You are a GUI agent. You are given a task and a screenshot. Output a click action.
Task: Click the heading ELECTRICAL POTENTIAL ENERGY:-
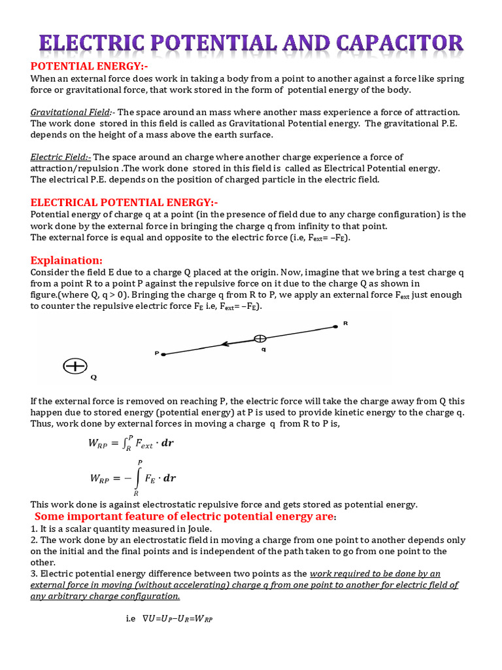click(x=125, y=202)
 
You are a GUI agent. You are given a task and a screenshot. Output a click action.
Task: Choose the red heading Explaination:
click(x=67, y=260)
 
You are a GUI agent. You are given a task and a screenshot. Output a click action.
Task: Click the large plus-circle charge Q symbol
click(x=75, y=366)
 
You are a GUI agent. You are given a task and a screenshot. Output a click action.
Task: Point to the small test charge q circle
click(x=260, y=339)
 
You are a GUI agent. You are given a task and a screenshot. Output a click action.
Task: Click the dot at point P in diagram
click(x=163, y=354)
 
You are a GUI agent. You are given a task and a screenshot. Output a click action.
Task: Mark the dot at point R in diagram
click(x=336, y=325)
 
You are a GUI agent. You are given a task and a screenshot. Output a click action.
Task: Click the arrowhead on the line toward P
click(x=224, y=344)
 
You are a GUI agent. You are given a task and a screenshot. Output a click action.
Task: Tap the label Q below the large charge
click(x=93, y=378)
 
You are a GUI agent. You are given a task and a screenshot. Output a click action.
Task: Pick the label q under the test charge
click(x=263, y=349)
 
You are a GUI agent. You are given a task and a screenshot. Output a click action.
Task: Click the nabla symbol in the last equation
click(x=146, y=617)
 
